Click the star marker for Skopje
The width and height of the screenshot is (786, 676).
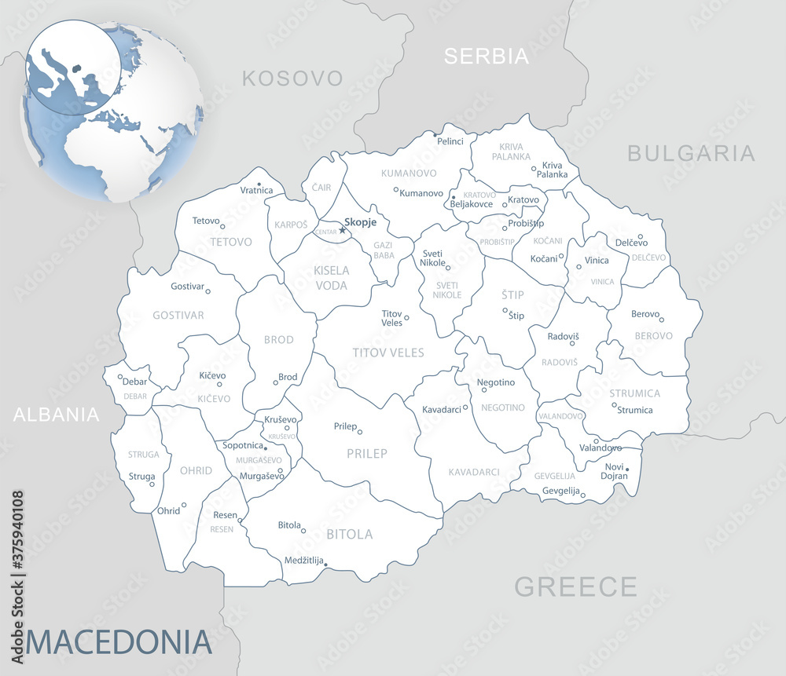click(342, 230)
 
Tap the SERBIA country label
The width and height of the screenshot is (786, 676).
click(486, 56)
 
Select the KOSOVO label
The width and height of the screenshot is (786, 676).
click(292, 78)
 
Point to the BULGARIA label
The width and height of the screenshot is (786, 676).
click(691, 153)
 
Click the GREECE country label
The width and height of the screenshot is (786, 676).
click(575, 586)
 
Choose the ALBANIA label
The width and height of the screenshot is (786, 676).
click(57, 415)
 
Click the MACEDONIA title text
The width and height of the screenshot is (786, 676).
click(119, 641)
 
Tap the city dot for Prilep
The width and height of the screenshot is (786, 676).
click(360, 431)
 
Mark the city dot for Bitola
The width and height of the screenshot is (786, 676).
click(304, 530)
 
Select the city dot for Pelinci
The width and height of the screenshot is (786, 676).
click(435, 134)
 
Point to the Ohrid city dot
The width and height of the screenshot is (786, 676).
click(184, 505)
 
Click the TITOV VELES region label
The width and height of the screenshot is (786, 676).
click(388, 353)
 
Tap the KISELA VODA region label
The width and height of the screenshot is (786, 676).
click(331, 278)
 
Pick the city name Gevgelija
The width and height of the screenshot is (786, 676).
click(560, 491)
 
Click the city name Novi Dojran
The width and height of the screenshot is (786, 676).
click(615, 471)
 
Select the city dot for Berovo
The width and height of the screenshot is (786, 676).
click(662, 320)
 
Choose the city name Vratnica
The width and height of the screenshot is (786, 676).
click(256, 191)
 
